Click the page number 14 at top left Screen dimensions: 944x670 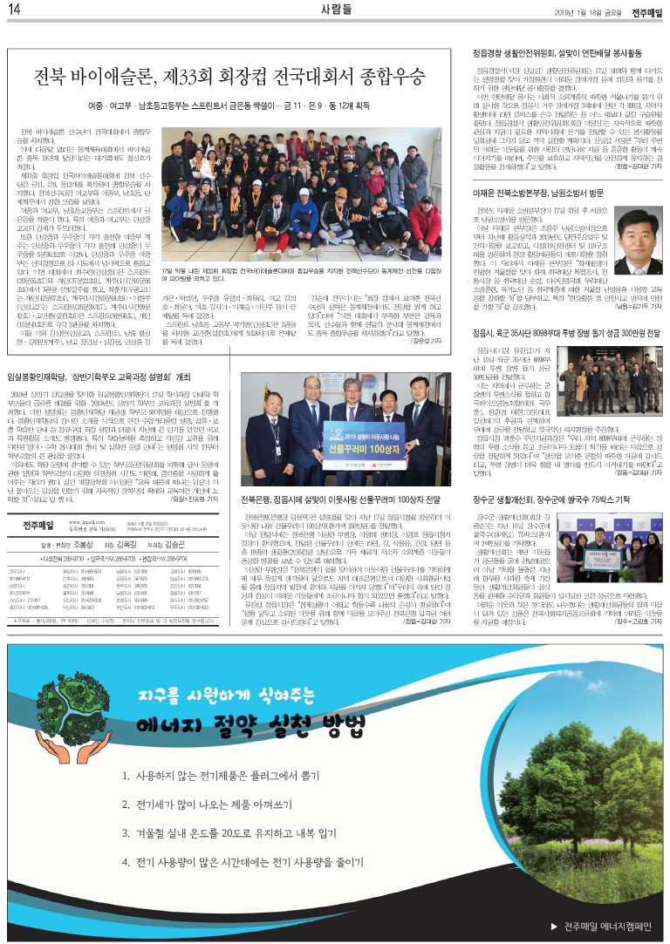[x=14, y=10]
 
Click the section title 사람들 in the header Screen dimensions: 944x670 [x=335, y=10]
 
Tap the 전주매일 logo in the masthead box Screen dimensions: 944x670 [x=35, y=526]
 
